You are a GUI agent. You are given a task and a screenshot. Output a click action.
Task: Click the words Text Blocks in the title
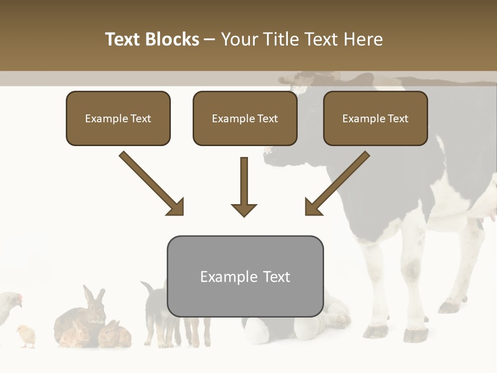pyautogui.click(x=152, y=39)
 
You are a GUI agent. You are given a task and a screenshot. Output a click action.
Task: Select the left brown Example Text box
pyautogui.click(x=118, y=119)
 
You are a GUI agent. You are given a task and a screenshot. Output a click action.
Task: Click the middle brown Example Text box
pyautogui.click(x=245, y=119)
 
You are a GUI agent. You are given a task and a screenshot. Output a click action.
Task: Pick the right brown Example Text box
pyautogui.click(x=375, y=119)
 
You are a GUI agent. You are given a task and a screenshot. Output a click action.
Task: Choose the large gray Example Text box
pyautogui.click(x=245, y=276)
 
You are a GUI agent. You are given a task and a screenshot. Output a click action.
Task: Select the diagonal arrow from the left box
pyautogui.click(x=152, y=183)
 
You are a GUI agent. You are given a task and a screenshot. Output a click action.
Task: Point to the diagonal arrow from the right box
pyautogui.click(x=337, y=183)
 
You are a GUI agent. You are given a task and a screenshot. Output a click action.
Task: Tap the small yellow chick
pyautogui.click(x=25, y=335)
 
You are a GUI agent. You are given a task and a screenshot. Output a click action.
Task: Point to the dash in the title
pyautogui.click(x=210, y=39)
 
